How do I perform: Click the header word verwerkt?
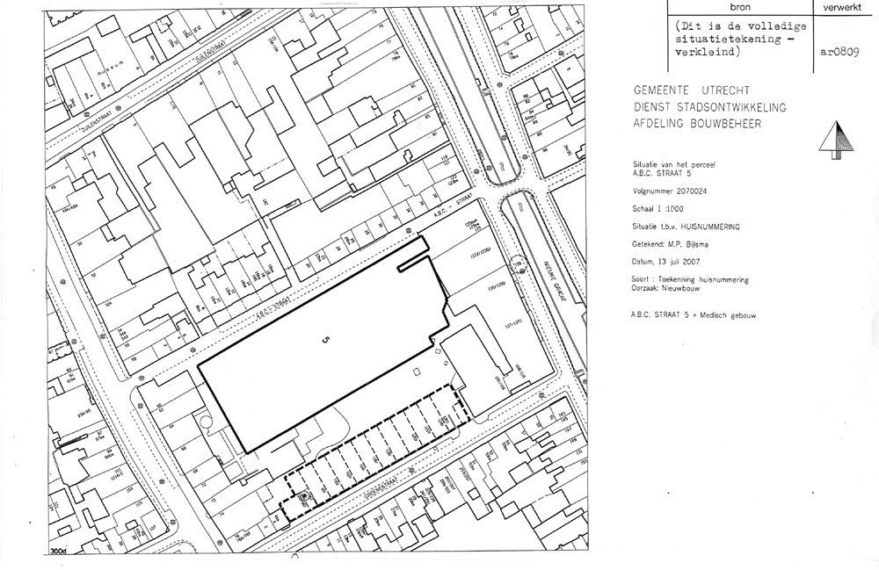coord(845,5)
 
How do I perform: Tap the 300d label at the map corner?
coord(62,551)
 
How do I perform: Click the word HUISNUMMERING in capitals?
coord(713,226)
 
